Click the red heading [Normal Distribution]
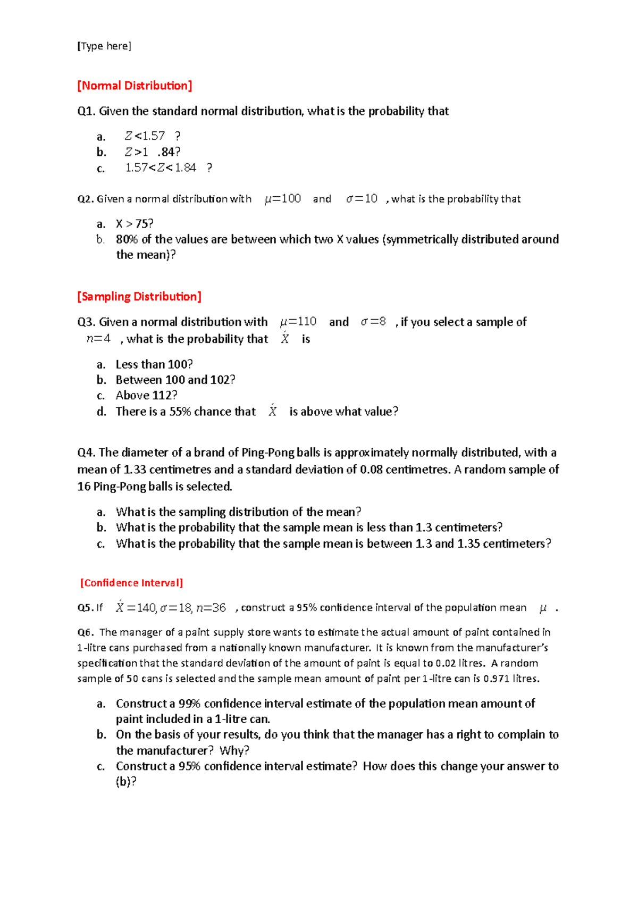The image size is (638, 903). pyautogui.click(x=135, y=86)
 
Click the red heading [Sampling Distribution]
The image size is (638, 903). pyautogui.click(x=139, y=297)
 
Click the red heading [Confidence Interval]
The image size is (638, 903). pyautogui.click(x=131, y=583)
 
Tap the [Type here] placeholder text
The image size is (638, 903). pyautogui.click(x=104, y=46)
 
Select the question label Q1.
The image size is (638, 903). pyautogui.click(x=86, y=111)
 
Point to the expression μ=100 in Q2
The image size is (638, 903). pyautogui.click(x=283, y=199)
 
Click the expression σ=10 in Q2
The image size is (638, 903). pyautogui.click(x=362, y=199)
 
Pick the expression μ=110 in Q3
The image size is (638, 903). pyautogui.click(x=298, y=322)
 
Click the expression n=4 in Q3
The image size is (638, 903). pyautogui.click(x=98, y=339)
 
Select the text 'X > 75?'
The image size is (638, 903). pyautogui.click(x=135, y=224)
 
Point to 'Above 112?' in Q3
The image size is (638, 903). pyautogui.click(x=146, y=396)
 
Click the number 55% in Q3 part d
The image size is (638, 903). pyautogui.click(x=180, y=412)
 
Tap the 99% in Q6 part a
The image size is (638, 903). pyautogui.click(x=189, y=704)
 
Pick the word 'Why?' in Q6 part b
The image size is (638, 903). pyautogui.click(x=234, y=750)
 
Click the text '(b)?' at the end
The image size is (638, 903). pyautogui.click(x=126, y=782)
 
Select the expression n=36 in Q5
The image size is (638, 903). pyautogui.click(x=211, y=608)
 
